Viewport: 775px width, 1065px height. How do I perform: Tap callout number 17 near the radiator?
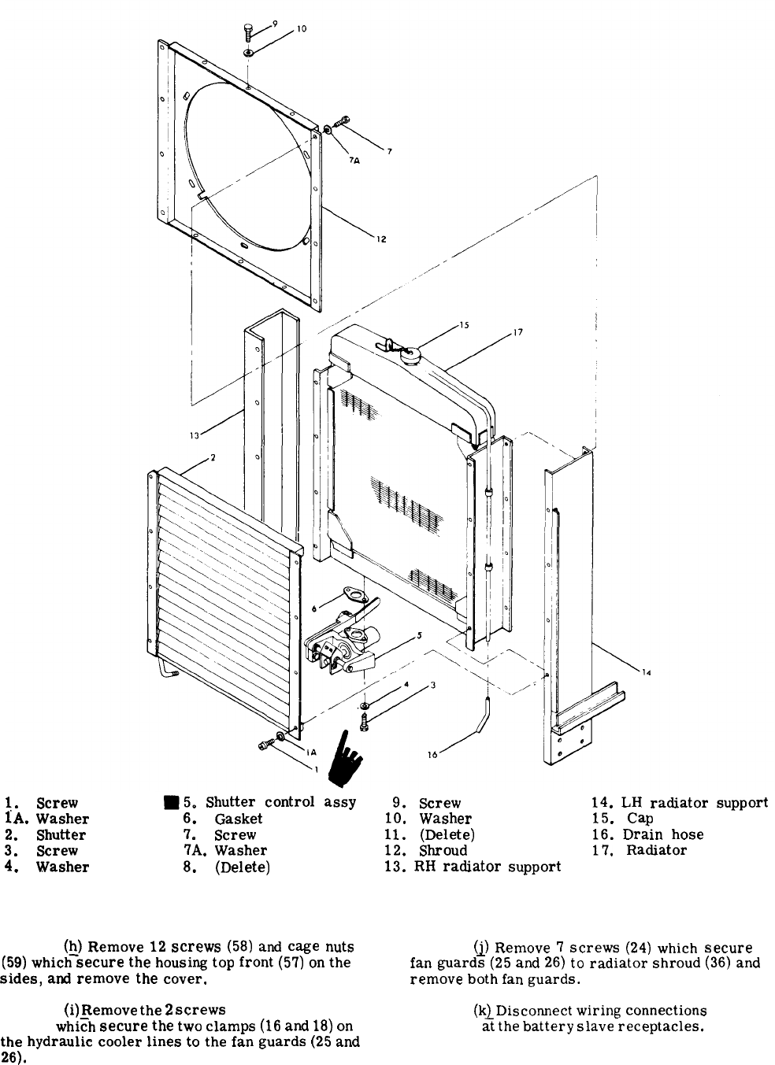click(x=517, y=332)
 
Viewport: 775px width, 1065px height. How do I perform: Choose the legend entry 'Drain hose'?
click(x=662, y=834)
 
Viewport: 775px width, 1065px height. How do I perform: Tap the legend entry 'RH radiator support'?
click(x=488, y=867)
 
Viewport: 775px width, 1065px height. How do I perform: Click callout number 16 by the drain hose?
click(x=432, y=753)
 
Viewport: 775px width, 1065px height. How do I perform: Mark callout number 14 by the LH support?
click(x=646, y=672)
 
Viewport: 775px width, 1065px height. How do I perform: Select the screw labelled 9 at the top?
click(x=248, y=33)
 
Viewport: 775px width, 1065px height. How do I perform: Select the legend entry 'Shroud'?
click(x=443, y=850)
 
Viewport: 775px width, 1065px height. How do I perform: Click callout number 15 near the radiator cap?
click(x=464, y=325)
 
